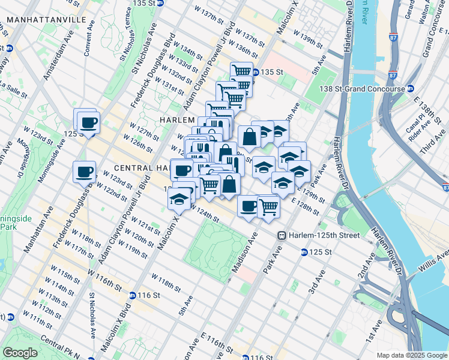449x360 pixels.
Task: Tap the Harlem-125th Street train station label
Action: [x=324, y=235]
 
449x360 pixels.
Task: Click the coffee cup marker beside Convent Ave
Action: [x=89, y=122]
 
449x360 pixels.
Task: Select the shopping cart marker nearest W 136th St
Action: [x=241, y=71]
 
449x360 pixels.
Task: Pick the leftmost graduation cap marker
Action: [x=178, y=199]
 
